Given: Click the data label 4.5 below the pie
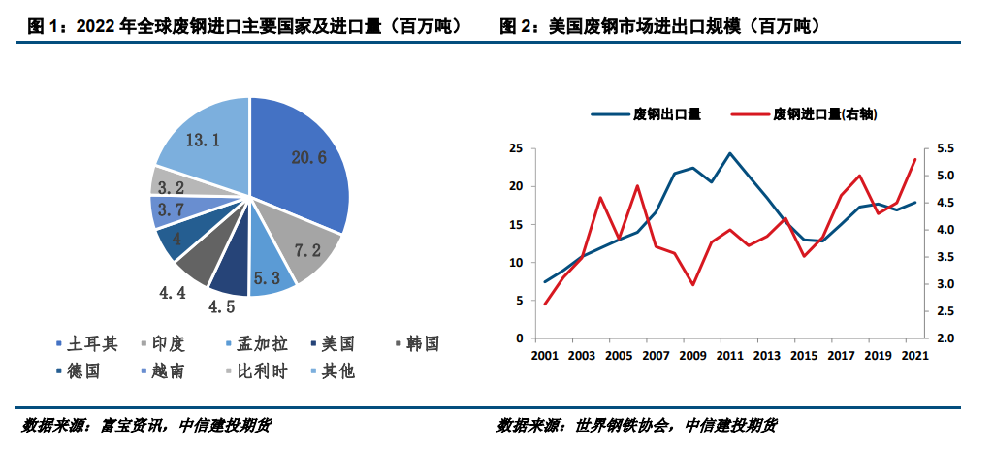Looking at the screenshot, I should [223, 308].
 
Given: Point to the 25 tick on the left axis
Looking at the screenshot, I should [516, 148].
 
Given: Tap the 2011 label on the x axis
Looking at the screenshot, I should [729, 355].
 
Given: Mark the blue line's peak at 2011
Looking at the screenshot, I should [729, 152].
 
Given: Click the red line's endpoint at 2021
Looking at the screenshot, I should [914, 159].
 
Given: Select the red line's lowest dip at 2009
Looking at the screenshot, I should [692, 284].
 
